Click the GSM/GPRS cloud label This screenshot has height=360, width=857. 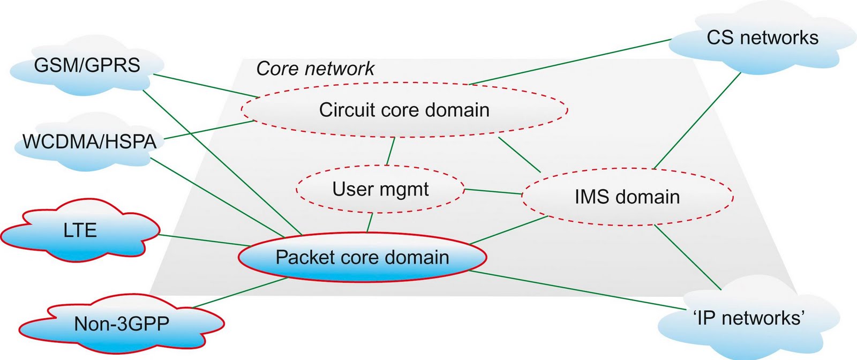(x=87, y=65)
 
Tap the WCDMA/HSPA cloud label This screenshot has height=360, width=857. (x=89, y=142)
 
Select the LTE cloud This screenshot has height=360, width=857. (x=80, y=231)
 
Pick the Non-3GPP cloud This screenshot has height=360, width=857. (x=122, y=324)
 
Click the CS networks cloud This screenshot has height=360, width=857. (x=762, y=37)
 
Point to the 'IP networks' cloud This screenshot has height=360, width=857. (x=749, y=318)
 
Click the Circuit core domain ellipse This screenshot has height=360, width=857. (x=404, y=110)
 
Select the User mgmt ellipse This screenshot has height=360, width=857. (x=380, y=189)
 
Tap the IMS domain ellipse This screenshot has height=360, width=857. (x=627, y=197)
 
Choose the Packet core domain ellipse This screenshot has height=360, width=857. (x=362, y=258)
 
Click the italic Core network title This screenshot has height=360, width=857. (x=315, y=69)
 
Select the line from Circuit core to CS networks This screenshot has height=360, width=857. (x=570, y=62)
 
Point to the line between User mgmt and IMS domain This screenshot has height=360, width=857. (x=493, y=192)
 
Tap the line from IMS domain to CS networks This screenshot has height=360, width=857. (x=696, y=121)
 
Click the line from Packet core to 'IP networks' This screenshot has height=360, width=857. (x=578, y=290)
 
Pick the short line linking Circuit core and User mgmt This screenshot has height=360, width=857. (x=390, y=151)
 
